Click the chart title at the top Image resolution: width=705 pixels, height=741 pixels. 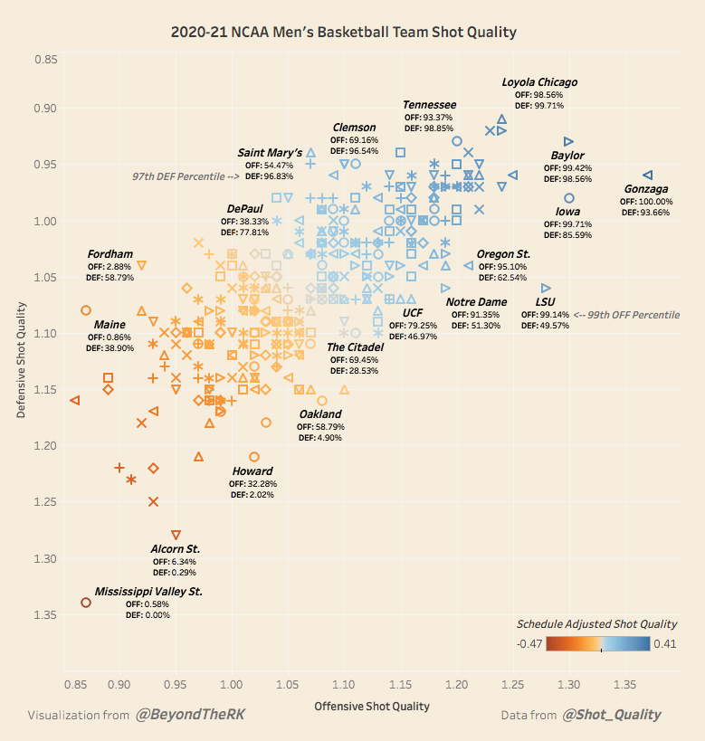[x=344, y=33]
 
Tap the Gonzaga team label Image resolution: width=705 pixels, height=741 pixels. [x=646, y=189]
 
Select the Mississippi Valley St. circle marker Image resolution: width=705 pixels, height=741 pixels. [x=86, y=603]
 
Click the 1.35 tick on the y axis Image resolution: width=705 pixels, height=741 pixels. [x=45, y=615]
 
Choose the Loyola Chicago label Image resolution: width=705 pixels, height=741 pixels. [x=539, y=82]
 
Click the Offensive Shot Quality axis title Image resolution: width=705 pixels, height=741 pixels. [x=371, y=706]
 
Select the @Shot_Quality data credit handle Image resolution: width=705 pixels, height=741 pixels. [x=611, y=715]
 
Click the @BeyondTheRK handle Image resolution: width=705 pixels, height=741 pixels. [x=190, y=715]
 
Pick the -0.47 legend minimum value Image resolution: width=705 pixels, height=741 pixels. [x=530, y=643]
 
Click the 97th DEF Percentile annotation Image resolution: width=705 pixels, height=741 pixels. [x=186, y=176]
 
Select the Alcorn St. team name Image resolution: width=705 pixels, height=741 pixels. [x=176, y=549]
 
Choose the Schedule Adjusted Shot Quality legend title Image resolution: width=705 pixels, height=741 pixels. [x=596, y=624]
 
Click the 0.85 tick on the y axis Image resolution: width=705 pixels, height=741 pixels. [x=45, y=60]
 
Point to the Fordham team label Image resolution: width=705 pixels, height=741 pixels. [x=110, y=254]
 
